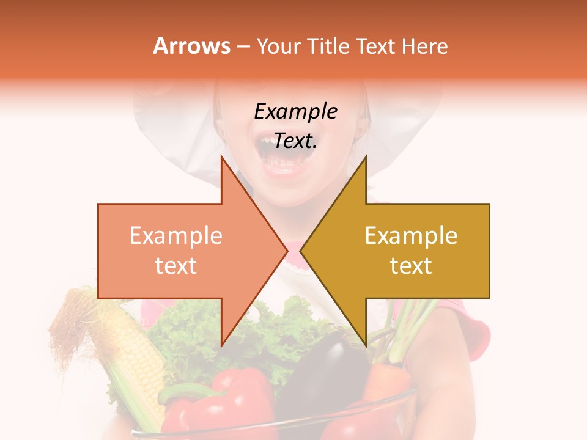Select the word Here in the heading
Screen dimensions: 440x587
[424, 46]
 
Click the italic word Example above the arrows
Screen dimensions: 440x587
[295, 111]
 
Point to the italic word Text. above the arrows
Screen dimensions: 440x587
[295, 141]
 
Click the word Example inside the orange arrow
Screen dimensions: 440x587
[175, 236]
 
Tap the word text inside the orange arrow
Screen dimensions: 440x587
[175, 266]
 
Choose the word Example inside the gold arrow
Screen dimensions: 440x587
[411, 236]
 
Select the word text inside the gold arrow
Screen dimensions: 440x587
[411, 266]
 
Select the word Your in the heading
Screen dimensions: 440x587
[279, 46]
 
